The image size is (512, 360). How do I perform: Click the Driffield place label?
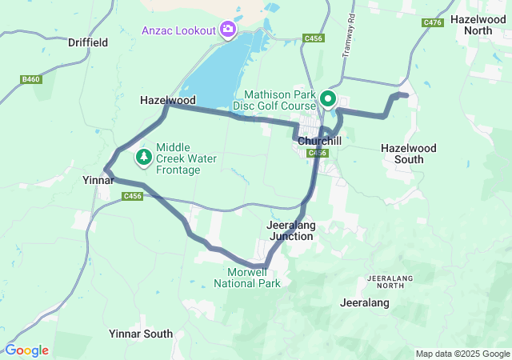click(88, 42)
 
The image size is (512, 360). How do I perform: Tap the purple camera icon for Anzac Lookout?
click(229, 30)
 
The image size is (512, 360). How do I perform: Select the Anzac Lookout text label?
click(179, 30)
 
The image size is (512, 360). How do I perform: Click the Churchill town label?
click(320, 140)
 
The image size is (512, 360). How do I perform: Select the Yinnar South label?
click(140, 334)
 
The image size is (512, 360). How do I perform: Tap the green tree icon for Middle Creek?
click(144, 157)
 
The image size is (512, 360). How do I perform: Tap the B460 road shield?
click(31, 79)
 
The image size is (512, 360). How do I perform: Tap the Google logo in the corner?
click(27, 350)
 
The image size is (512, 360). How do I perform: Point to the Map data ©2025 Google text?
click(462, 354)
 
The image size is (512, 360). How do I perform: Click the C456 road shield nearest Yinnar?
click(132, 196)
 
